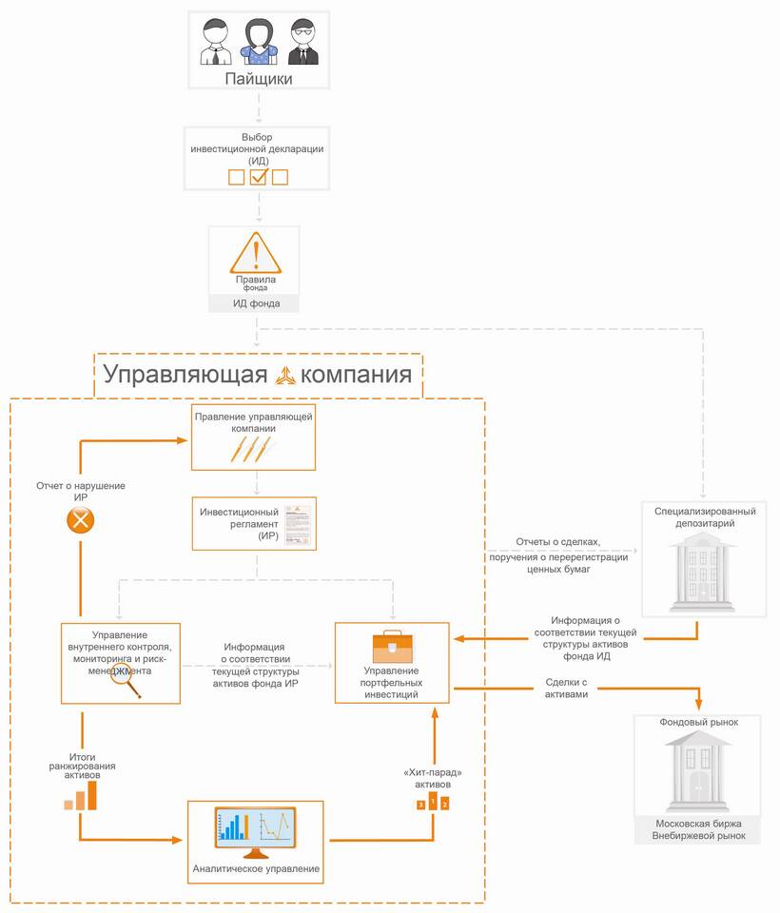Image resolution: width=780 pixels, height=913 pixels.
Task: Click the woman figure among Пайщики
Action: click(x=259, y=43)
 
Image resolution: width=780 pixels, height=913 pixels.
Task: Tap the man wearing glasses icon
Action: click(x=302, y=43)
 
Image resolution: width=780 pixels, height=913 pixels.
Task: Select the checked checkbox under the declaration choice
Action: click(x=259, y=176)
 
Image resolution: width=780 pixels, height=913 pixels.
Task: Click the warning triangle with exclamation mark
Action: click(x=255, y=254)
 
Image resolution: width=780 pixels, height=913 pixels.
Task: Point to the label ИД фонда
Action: click(x=255, y=304)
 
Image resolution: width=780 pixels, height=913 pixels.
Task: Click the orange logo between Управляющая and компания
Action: click(x=285, y=375)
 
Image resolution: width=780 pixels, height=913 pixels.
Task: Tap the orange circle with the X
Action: click(x=81, y=519)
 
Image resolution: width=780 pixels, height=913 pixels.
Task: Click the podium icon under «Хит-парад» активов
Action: click(x=432, y=804)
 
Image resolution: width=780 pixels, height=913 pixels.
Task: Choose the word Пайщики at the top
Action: click(x=258, y=79)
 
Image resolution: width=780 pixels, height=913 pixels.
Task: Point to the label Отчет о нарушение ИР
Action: click(x=81, y=492)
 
